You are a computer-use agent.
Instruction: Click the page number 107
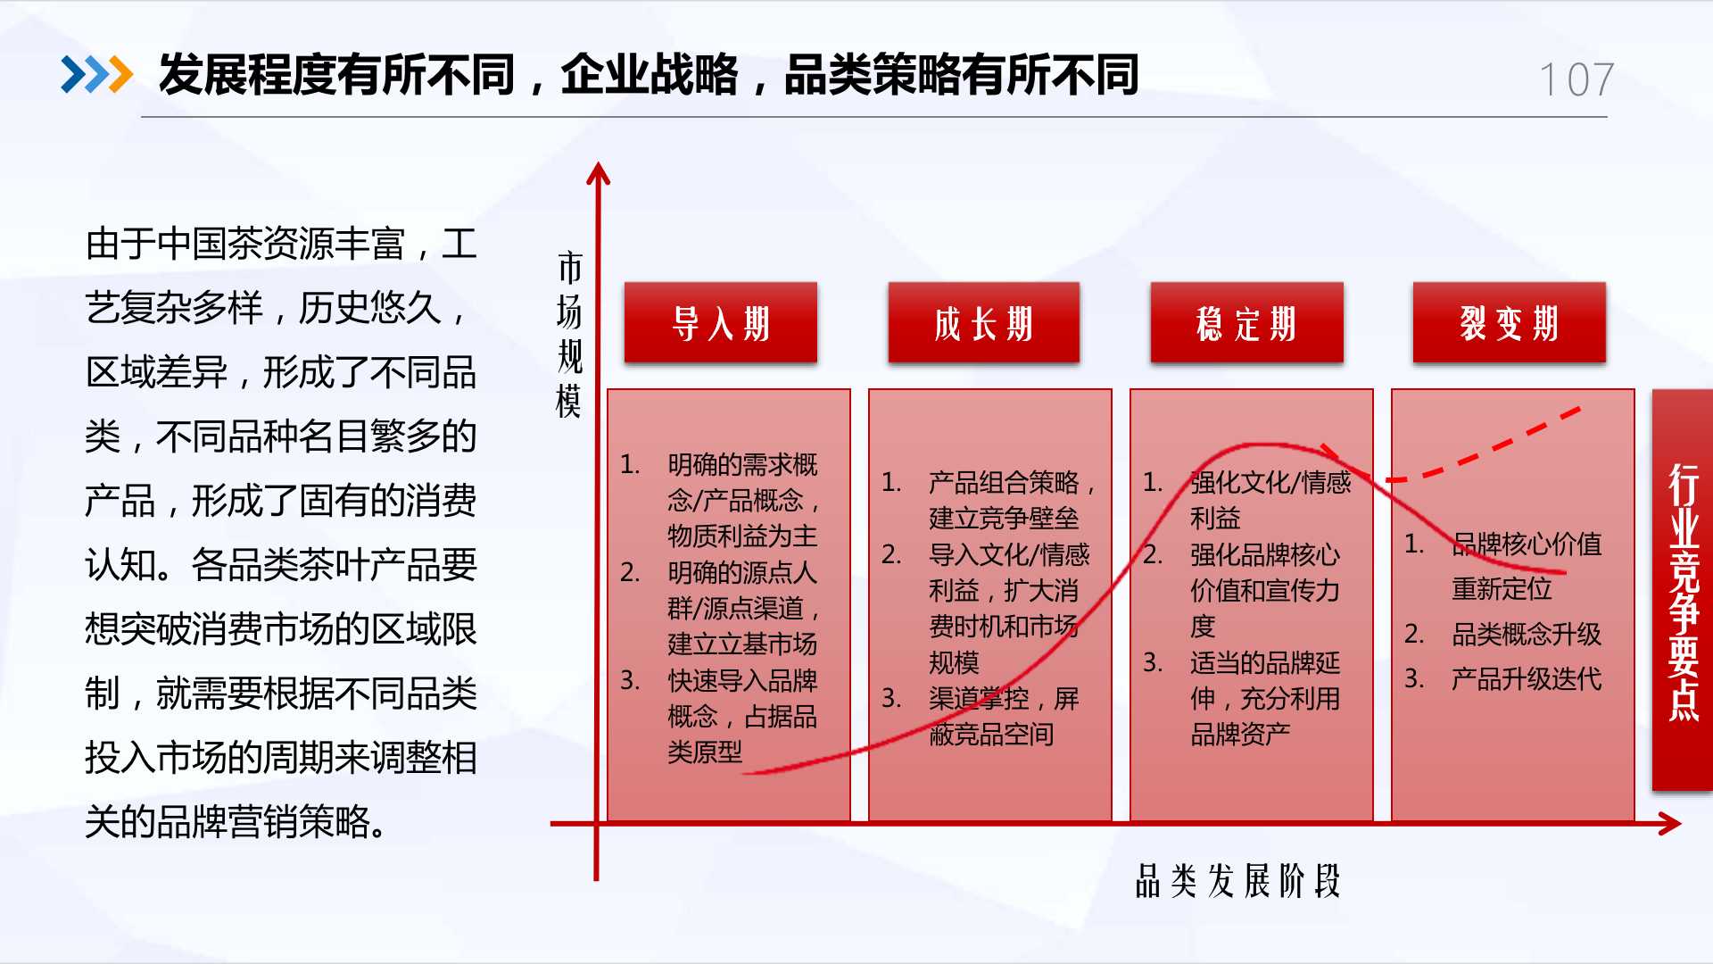[1576, 80]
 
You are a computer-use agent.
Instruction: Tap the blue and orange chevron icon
[96, 75]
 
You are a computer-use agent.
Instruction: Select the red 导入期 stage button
[721, 322]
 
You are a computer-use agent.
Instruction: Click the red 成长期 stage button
[984, 322]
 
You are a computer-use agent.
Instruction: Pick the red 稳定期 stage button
[1246, 322]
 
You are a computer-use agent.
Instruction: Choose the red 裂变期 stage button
[1510, 322]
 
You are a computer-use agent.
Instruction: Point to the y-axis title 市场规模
[569, 335]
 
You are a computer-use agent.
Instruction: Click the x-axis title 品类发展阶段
[1237, 880]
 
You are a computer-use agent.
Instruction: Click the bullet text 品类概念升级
[1527, 634]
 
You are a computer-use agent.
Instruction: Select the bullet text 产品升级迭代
[1527, 678]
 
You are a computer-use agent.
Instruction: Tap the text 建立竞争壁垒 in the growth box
[1004, 518]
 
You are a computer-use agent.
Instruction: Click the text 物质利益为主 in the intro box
[742, 536]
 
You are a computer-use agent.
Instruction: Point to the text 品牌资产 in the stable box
[1240, 734]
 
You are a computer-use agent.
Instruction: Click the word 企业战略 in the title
[650, 75]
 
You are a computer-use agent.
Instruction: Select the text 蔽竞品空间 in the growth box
[991, 734]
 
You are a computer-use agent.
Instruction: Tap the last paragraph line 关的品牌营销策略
[236, 821]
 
